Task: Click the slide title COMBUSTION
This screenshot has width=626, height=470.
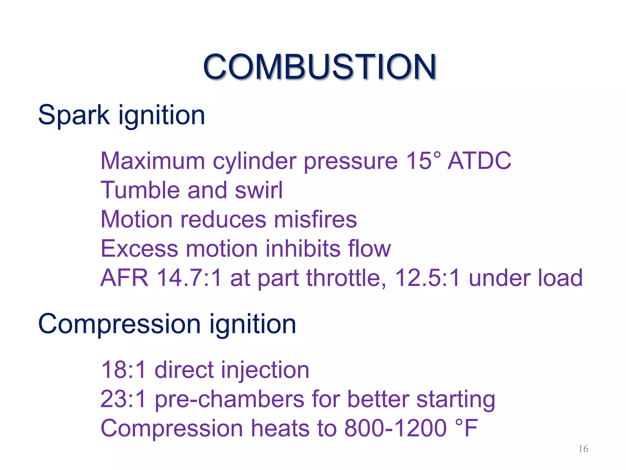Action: [319, 67]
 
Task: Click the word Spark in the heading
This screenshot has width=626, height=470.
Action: [74, 115]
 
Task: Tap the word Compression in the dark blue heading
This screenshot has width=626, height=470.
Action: [119, 324]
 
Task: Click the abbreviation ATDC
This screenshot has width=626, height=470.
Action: [479, 161]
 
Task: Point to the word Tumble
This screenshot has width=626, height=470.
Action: [140, 190]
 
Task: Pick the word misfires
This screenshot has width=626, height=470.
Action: [315, 219]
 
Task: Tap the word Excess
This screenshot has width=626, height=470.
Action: [139, 248]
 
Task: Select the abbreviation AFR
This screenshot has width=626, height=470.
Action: [124, 278]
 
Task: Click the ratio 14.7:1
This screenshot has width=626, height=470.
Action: [189, 278]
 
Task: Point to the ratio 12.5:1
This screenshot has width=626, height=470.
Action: [427, 278]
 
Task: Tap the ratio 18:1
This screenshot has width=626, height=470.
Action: [123, 370]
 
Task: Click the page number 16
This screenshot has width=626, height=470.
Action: [583, 449]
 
